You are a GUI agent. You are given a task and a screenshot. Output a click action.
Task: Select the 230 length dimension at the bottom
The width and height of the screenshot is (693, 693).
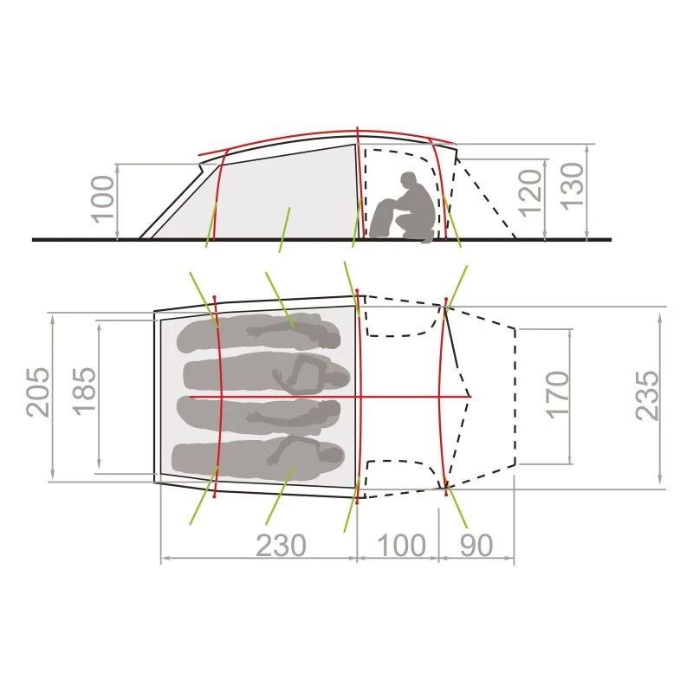pos(281,546)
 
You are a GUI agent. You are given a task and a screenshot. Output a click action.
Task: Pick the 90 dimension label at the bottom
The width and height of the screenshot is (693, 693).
pos(476,546)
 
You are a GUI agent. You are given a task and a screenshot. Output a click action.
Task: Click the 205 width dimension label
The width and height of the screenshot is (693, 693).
pos(37,392)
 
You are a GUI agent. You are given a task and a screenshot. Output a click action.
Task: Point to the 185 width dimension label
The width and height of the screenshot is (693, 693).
pos(84,392)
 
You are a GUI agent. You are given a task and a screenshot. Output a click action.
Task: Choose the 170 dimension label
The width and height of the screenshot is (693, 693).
pos(558,395)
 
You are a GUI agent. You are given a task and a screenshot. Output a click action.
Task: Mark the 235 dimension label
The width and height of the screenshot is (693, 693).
pos(647,396)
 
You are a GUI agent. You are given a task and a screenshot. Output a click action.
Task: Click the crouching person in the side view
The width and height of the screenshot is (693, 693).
pos(403,208)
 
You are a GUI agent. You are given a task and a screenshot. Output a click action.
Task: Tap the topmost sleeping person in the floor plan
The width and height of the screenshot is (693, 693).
pos(258,333)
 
